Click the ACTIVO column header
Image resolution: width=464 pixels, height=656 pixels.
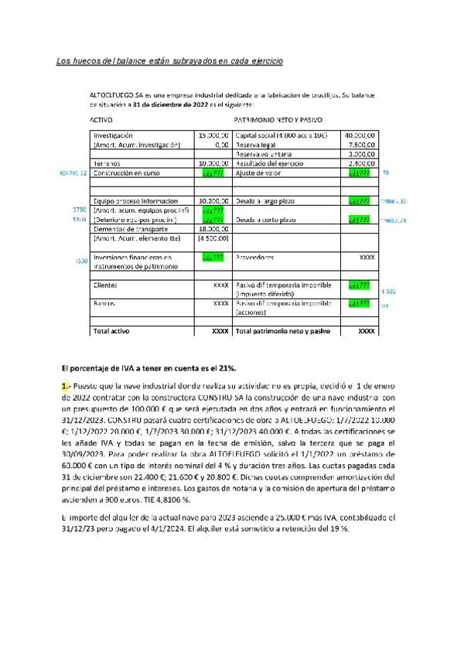pyautogui.click(x=102, y=121)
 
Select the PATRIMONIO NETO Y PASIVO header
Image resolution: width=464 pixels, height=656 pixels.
pyautogui.click(x=278, y=121)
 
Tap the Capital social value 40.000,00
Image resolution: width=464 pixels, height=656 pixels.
pyautogui.click(x=360, y=135)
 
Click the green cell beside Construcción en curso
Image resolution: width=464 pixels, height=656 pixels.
pyautogui.click(x=213, y=173)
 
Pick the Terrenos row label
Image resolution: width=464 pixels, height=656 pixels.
pyautogui.click(x=107, y=164)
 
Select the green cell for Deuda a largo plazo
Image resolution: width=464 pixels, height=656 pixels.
pyautogui.click(x=360, y=200)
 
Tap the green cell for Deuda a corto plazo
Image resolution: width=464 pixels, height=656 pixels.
pyautogui.click(x=360, y=220)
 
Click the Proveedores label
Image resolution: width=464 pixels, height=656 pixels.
pyautogui.click(x=255, y=257)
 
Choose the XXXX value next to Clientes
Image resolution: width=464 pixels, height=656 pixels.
pyautogui.click(x=220, y=285)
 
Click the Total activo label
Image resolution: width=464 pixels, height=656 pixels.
pyautogui.click(x=111, y=330)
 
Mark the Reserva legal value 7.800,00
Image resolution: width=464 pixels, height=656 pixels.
pyautogui.click(x=361, y=144)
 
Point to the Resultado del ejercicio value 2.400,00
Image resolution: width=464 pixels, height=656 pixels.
pyautogui.click(x=361, y=163)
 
